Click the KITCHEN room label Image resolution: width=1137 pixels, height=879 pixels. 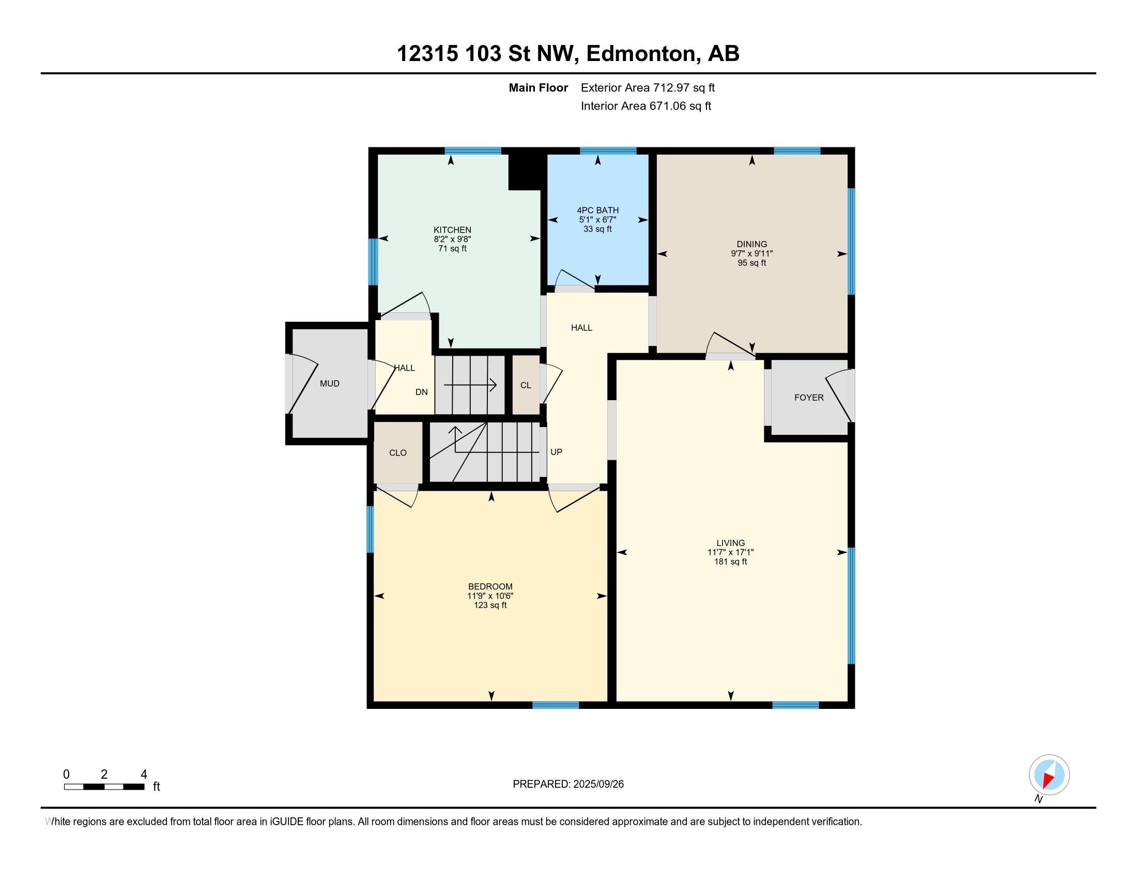[452, 230]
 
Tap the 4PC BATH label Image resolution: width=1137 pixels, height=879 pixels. [597, 210]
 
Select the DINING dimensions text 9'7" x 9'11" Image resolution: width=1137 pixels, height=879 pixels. [751, 253]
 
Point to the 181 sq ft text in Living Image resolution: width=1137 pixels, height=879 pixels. [730, 562]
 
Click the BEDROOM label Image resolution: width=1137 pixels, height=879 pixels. [490, 586]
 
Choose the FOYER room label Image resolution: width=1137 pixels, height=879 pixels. [808, 398]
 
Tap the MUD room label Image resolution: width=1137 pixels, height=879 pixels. [329, 384]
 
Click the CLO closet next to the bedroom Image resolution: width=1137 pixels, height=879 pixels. [398, 453]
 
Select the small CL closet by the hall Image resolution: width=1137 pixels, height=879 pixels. [525, 385]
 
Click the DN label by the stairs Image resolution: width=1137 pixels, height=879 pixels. [421, 392]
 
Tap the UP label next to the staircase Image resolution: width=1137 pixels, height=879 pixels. [556, 452]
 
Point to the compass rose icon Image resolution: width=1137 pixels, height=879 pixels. [1049, 775]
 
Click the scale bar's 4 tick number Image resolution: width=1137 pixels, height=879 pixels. [144, 774]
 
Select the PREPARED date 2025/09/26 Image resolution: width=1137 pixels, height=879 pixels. [597, 784]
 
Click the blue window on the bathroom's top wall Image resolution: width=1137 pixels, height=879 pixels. [608, 151]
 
